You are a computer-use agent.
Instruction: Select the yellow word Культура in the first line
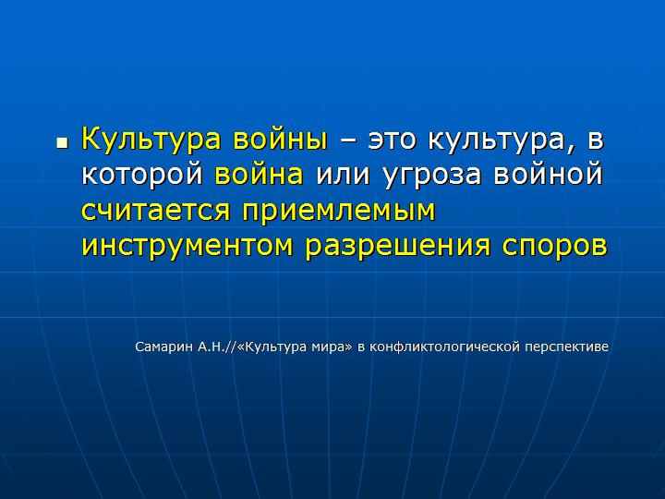(151, 140)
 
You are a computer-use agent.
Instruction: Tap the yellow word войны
(281, 140)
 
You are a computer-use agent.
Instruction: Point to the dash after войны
(348, 141)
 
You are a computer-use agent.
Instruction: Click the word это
(392, 141)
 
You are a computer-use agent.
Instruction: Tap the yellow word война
(259, 174)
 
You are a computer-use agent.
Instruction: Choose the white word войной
(548, 174)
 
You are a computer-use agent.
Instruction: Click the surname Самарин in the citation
(164, 347)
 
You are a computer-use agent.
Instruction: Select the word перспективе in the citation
(567, 347)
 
